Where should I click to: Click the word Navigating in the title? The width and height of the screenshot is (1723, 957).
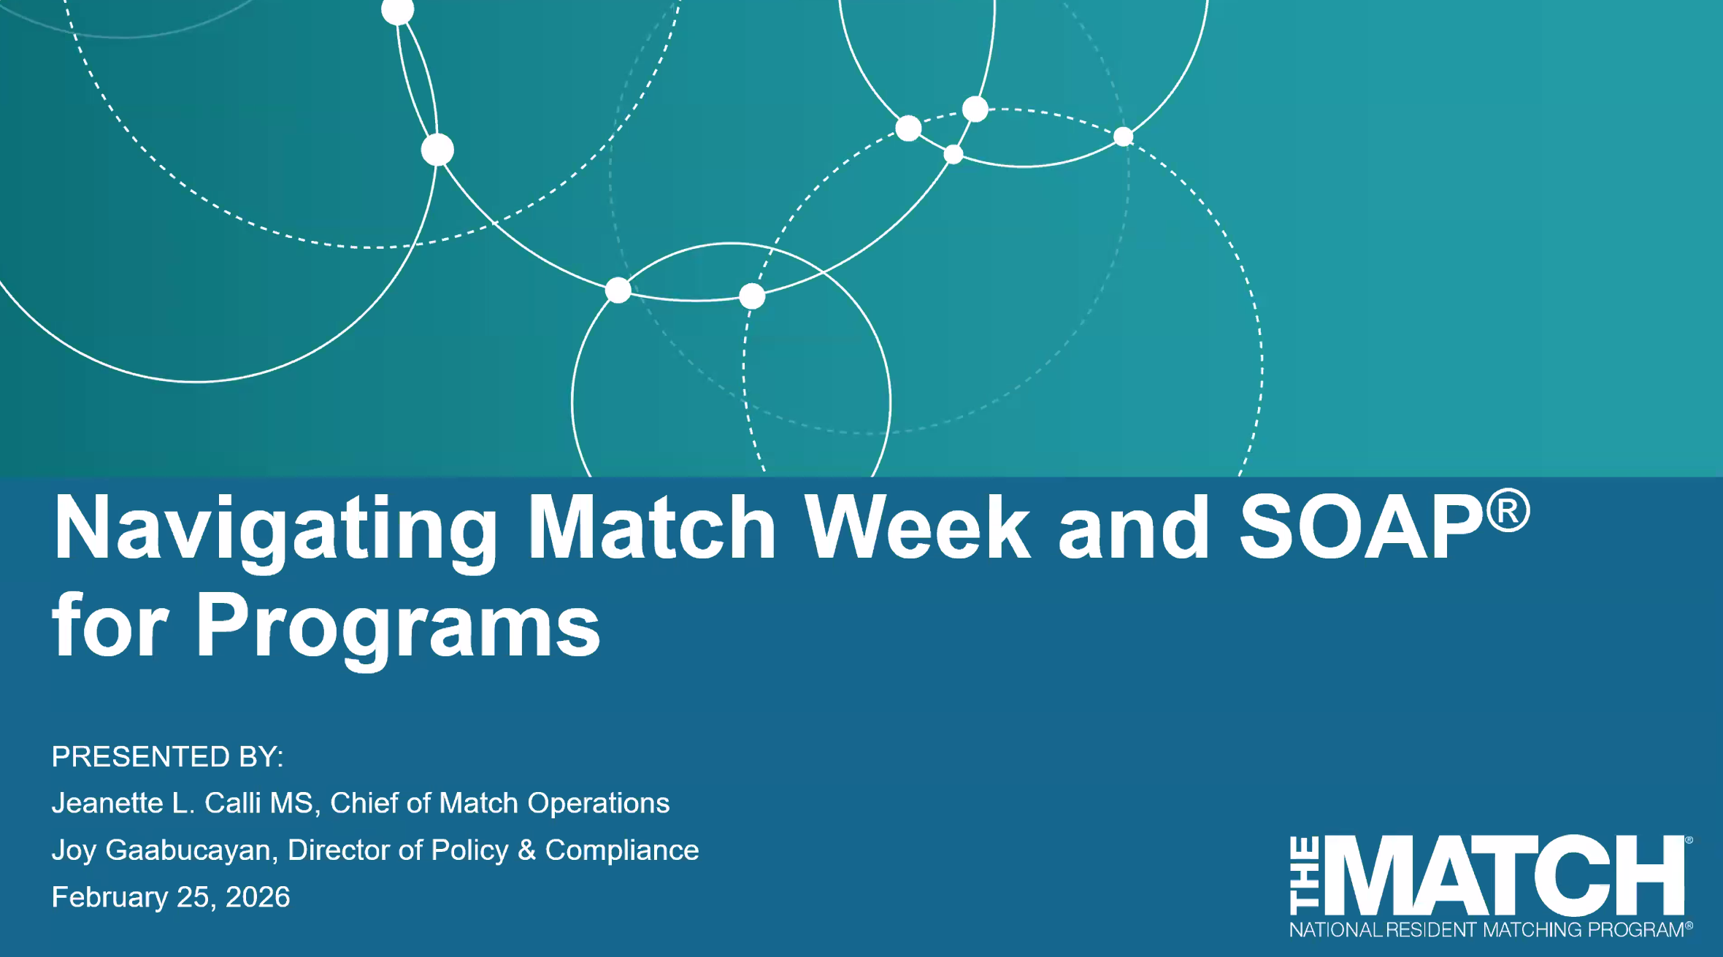(275, 529)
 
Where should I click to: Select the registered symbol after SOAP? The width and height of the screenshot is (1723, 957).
(1508, 510)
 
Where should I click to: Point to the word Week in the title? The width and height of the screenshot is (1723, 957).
(918, 527)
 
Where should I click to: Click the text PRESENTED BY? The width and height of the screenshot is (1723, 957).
(167, 756)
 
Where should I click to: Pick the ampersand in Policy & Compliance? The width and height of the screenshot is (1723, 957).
(526, 850)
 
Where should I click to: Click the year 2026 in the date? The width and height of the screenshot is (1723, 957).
(258, 897)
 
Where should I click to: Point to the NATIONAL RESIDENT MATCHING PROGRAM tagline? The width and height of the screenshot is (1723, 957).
(1489, 930)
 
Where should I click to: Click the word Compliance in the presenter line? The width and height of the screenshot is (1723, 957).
(622, 850)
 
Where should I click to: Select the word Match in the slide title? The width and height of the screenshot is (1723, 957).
(652, 527)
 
